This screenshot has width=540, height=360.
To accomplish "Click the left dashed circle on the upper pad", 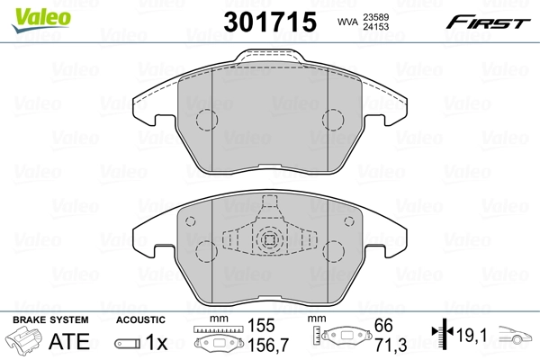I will (x=208, y=120).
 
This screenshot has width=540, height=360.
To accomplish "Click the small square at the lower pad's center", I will (x=269, y=240).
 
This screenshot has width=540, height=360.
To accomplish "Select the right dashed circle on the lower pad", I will (x=350, y=221).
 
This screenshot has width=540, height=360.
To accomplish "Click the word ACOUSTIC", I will (x=140, y=319).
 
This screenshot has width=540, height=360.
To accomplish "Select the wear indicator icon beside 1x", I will (x=127, y=342).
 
